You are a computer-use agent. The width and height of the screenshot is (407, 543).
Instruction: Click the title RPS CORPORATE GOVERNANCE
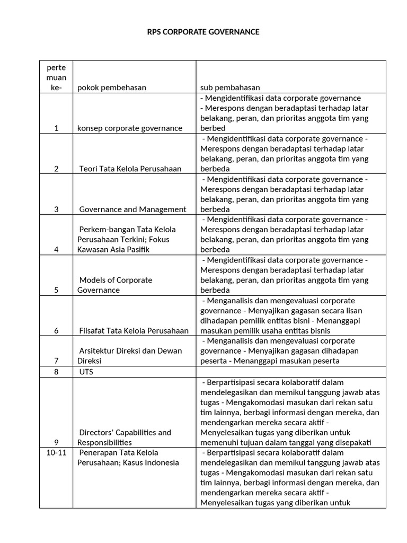[x=203, y=32]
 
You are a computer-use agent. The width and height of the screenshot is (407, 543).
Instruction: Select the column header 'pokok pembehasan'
[x=112, y=87]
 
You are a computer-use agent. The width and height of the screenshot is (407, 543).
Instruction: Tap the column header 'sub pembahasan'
[x=230, y=87]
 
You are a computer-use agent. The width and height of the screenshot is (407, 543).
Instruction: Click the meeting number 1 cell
[x=56, y=128]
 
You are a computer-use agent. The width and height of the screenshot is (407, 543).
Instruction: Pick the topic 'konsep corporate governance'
[x=130, y=128]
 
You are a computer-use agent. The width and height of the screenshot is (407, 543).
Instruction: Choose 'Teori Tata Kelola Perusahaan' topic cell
[x=130, y=169]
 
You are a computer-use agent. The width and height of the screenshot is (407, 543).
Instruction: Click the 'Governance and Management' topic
[x=132, y=209]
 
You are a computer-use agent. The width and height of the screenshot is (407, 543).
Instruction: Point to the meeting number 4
[x=56, y=249]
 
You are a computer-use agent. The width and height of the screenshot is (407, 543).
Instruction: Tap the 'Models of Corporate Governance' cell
[x=115, y=285]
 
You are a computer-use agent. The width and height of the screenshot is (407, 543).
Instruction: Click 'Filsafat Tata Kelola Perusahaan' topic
[x=134, y=330]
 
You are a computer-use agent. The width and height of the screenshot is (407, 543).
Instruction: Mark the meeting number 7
[x=56, y=361]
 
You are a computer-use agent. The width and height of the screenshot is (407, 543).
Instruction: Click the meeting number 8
[x=56, y=372]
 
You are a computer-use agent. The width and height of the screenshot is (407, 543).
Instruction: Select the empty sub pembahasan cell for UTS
[x=290, y=372]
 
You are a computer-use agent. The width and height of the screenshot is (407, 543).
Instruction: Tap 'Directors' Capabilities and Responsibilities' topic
[x=125, y=437]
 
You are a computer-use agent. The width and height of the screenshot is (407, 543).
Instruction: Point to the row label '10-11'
[x=56, y=452]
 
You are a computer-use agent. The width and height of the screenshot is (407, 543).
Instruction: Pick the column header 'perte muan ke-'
[x=56, y=77]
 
